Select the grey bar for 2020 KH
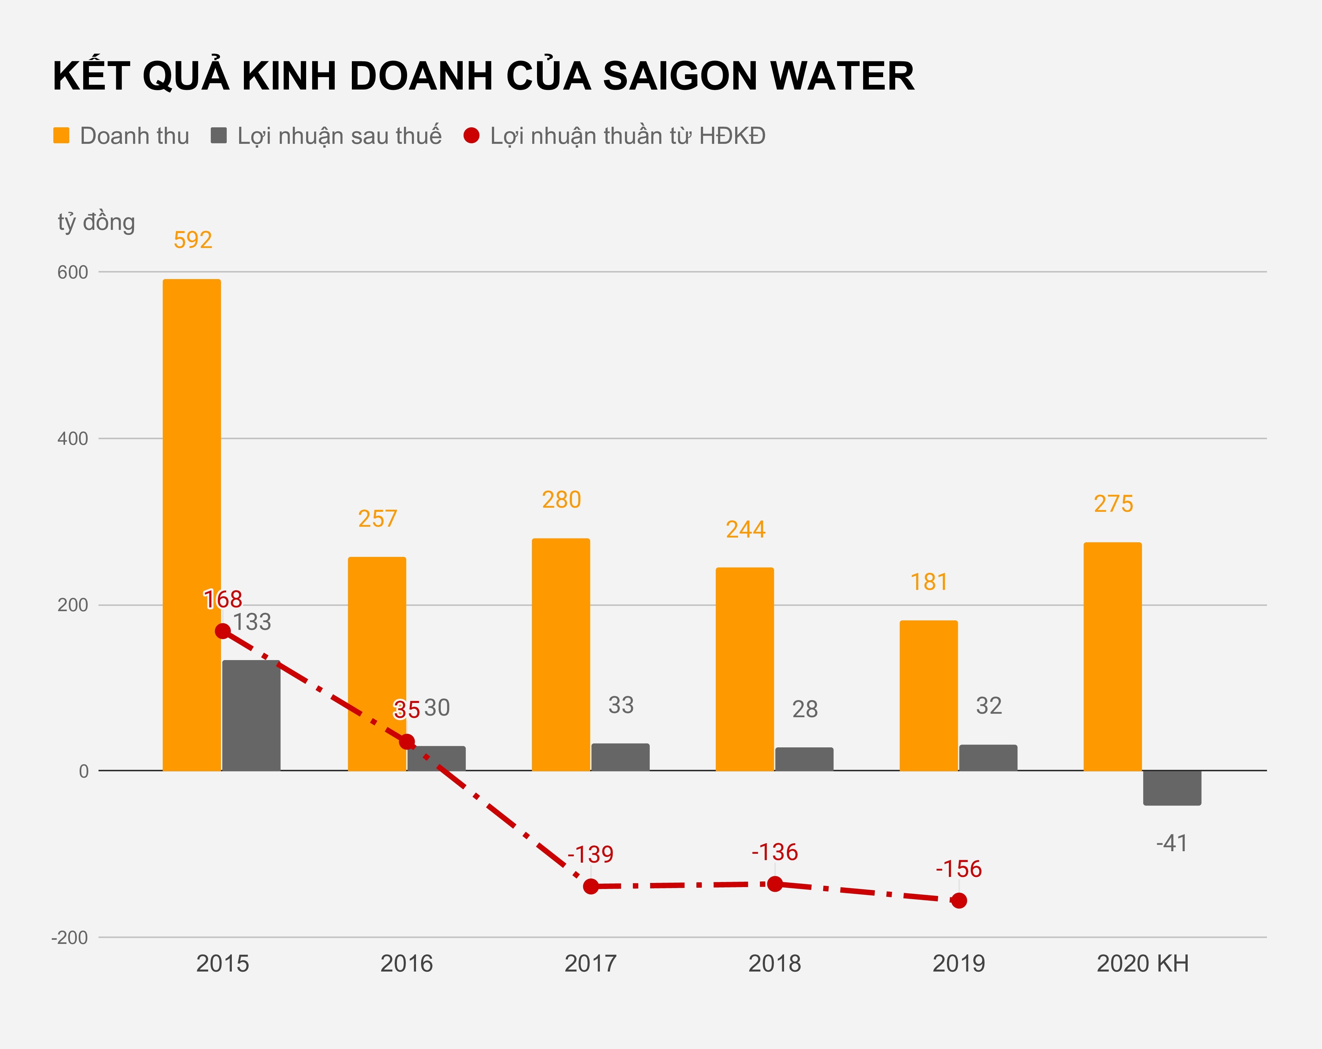point(1172,788)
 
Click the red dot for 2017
point(590,886)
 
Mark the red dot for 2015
point(223,631)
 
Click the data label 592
point(192,240)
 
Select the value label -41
point(1171,843)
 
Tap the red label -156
point(958,869)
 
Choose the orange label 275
point(1113,504)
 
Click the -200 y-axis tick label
point(70,938)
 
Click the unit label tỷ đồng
point(96,222)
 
